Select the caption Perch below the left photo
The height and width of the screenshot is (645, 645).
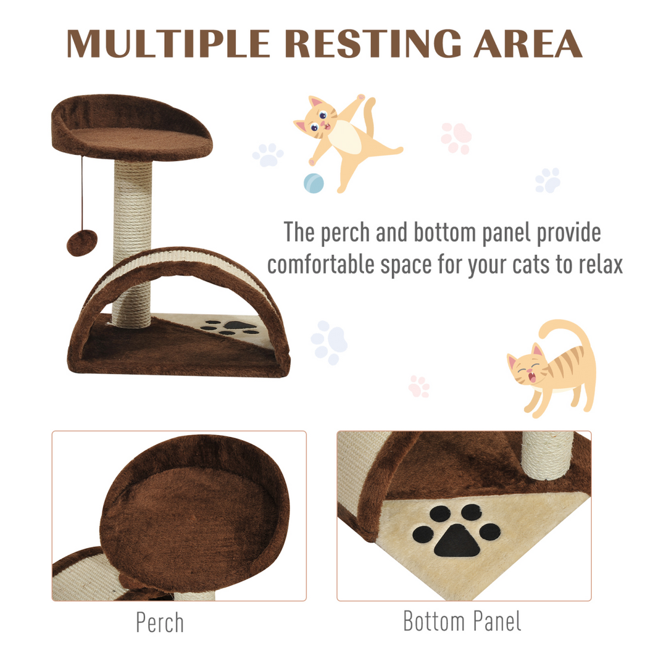pos(159,622)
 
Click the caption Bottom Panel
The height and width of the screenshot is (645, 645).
pos(462,621)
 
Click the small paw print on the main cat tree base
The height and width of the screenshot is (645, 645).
pos(231,327)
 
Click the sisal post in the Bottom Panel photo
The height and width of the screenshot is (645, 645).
pos(548,454)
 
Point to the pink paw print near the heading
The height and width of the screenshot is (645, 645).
pos(456,138)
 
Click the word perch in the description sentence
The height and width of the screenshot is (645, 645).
pos(346,233)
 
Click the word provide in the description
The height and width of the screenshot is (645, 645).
pos(567,233)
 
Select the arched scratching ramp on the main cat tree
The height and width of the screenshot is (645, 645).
pos(179,269)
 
